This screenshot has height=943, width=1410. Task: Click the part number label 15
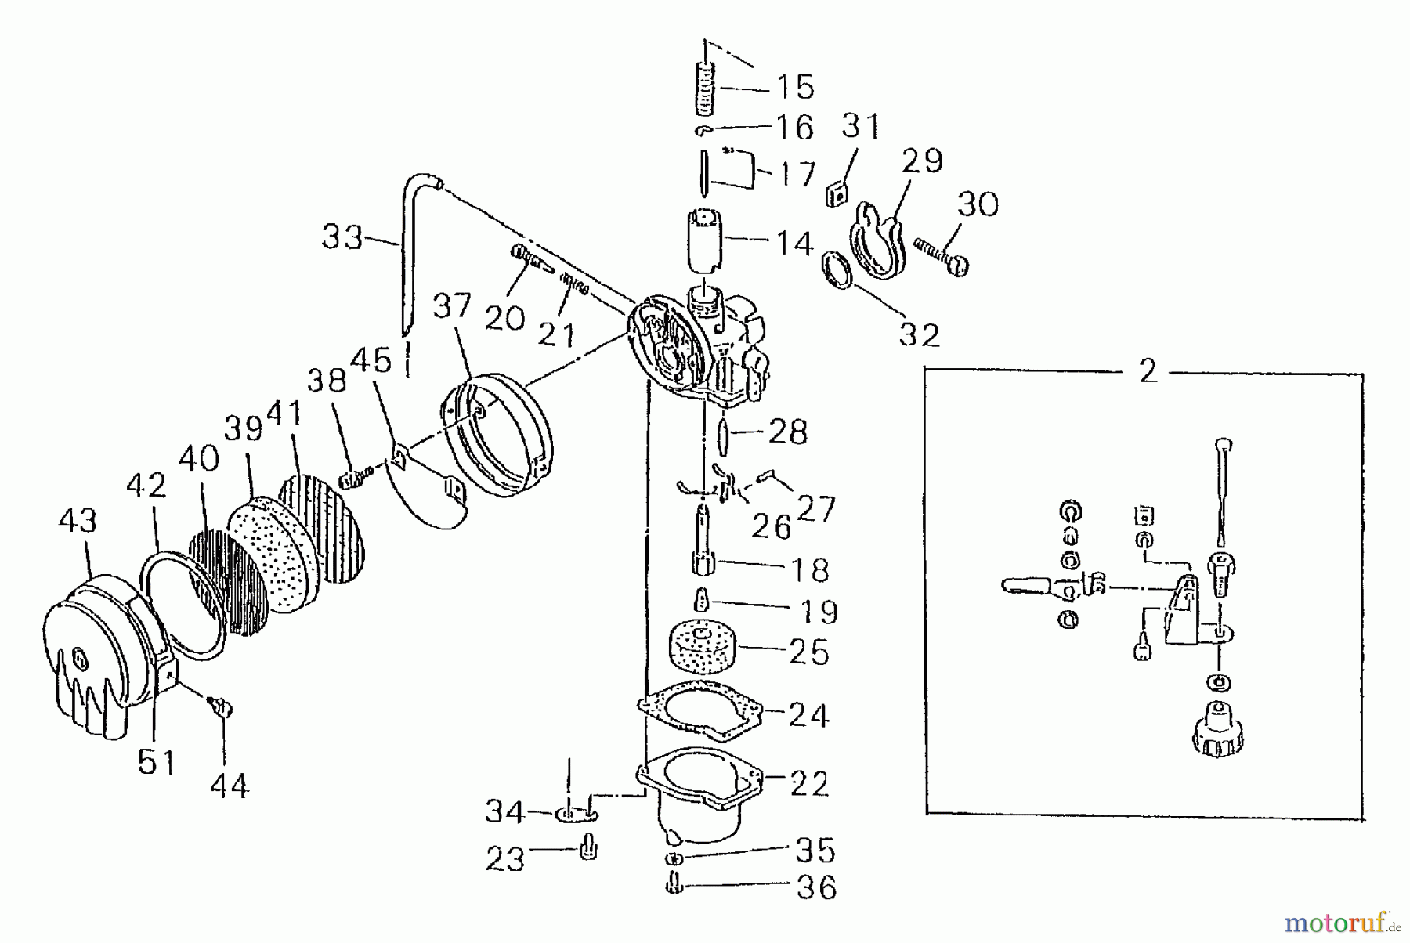click(x=794, y=86)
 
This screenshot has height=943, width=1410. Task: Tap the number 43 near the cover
click(x=78, y=521)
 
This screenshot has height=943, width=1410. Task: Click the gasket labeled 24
click(x=697, y=709)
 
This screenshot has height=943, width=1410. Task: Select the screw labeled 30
click(x=944, y=256)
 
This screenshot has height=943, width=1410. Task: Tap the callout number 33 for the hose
click(x=342, y=236)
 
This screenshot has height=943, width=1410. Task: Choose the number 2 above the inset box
click(x=1148, y=371)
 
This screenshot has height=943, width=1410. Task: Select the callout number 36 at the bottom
click(x=816, y=887)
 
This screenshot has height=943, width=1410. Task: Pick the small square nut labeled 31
click(x=836, y=193)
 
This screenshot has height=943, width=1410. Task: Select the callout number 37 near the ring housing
click(x=453, y=307)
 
